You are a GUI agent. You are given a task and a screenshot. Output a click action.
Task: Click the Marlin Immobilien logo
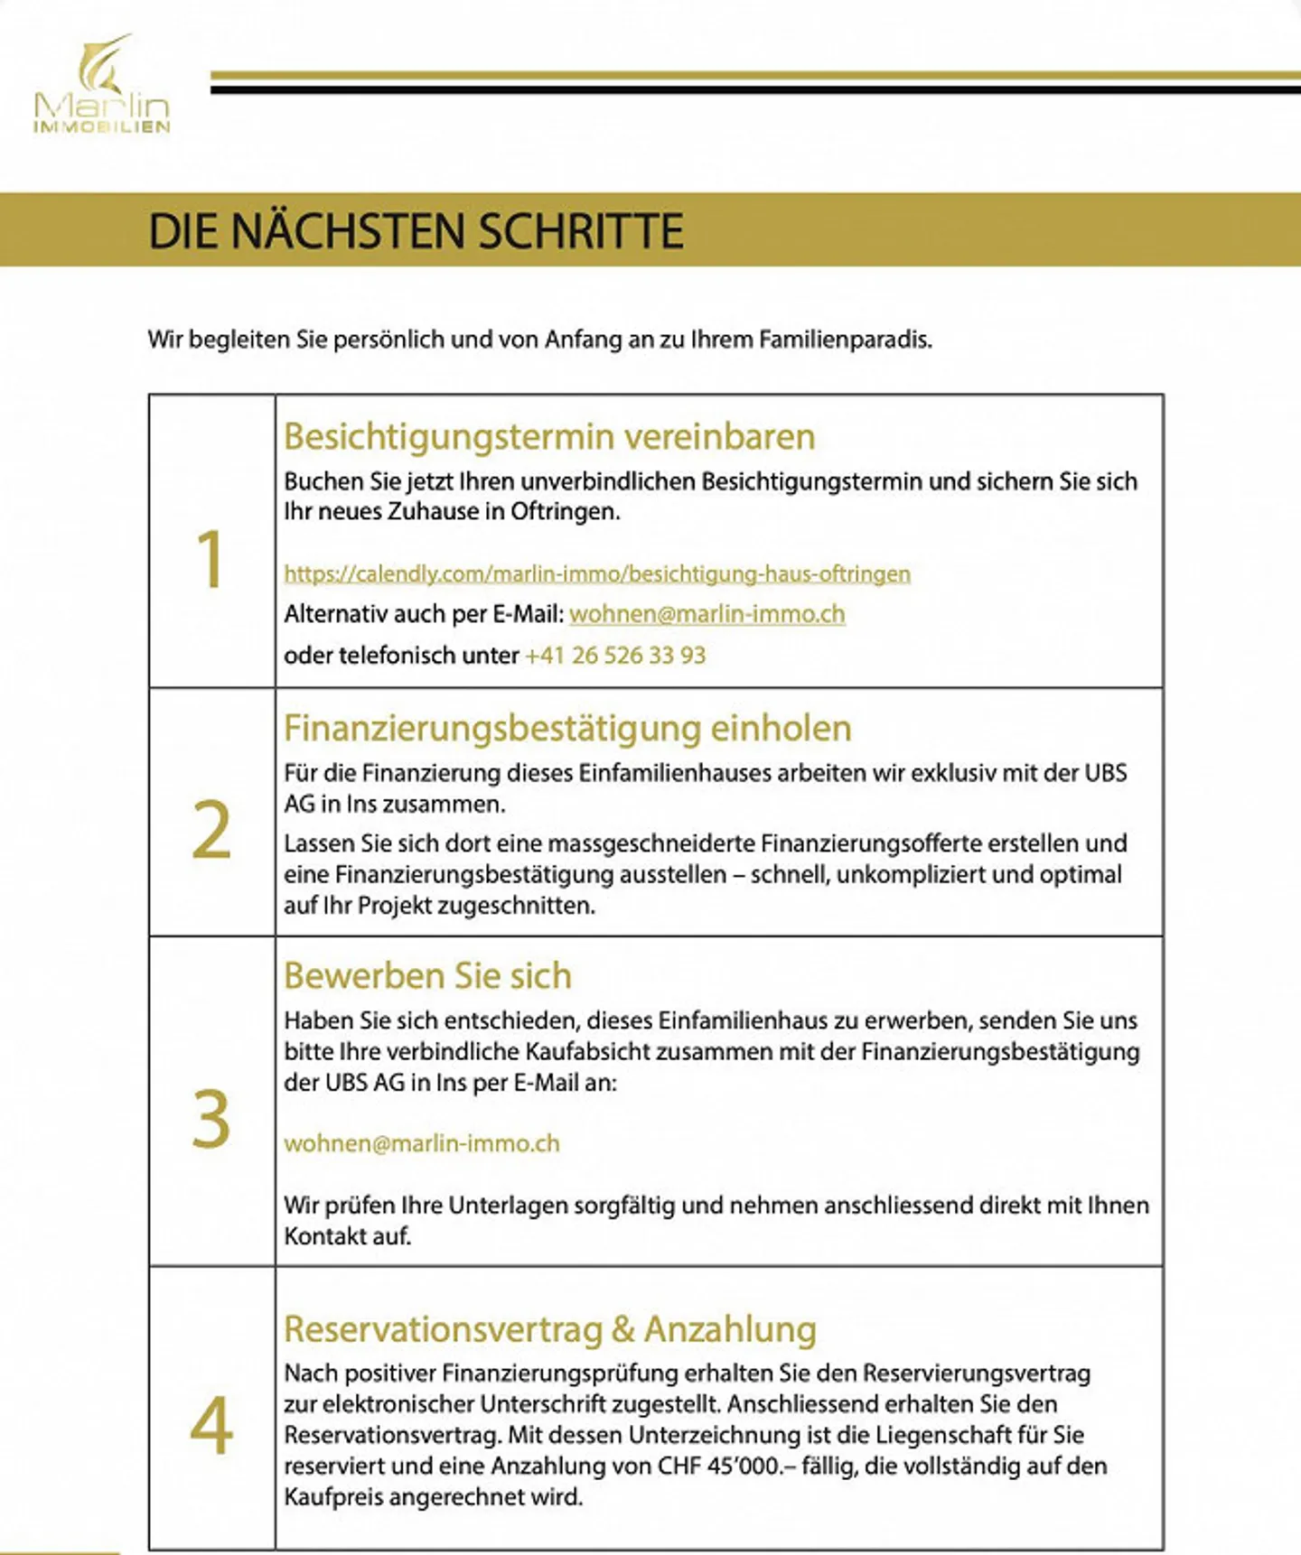click(x=101, y=87)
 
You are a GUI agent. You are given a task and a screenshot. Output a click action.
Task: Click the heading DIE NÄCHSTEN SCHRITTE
click(x=416, y=231)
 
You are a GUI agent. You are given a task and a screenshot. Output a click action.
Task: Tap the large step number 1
click(x=211, y=559)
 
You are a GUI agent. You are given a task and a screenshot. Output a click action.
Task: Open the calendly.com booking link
click(x=597, y=573)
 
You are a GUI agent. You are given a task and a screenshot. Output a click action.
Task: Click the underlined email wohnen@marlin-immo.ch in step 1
click(x=707, y=614)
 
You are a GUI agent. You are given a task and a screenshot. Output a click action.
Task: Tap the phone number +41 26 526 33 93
click(x=615, y=656)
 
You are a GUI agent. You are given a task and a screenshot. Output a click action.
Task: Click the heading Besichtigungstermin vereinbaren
click(x=549, y=437)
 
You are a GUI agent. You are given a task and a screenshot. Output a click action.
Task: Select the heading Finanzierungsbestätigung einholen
click(x=567, y=729)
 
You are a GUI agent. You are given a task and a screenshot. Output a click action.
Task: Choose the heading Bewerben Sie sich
click(x=427, y=976)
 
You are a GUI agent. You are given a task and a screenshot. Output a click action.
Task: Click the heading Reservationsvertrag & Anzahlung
click(x=549, y=1329)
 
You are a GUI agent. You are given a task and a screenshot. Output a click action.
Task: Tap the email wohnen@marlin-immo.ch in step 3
click(x=422, y=1143)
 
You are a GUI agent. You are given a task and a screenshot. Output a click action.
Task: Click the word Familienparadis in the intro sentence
click(x=845, y=340)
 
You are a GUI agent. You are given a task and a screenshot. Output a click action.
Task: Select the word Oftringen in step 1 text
click(x=565, y=512)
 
